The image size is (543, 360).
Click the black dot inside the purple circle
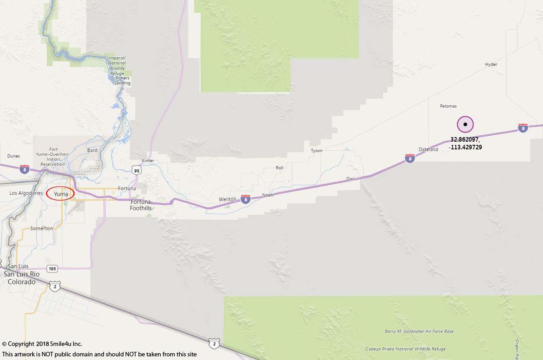pos(465,124)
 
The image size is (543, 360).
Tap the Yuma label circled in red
pos(61,194)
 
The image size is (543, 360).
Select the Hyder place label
pos(491,64)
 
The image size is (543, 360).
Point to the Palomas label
pos(448,106)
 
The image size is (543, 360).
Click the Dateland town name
pos(428,149)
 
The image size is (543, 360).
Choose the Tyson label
pos(316,151)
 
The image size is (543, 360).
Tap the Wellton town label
pos(227,199)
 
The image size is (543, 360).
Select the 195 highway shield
pos(52,269)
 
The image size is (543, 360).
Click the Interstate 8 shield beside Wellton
pos(245,199)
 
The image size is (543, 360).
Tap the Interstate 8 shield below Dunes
pos(25,169)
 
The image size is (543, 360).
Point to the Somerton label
pos(41,228)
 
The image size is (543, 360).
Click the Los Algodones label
pos(26,193)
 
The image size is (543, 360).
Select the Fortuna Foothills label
pos(141,205)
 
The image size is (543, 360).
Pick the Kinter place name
pos(148,161)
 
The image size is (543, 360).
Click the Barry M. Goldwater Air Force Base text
pos(419,331)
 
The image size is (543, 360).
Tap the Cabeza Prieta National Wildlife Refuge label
pos(405,349)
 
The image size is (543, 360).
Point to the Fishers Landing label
pos(122,80)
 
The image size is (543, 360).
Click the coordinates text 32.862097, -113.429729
pos(465,143)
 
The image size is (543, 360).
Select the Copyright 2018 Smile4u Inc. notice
pos(42,344)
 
